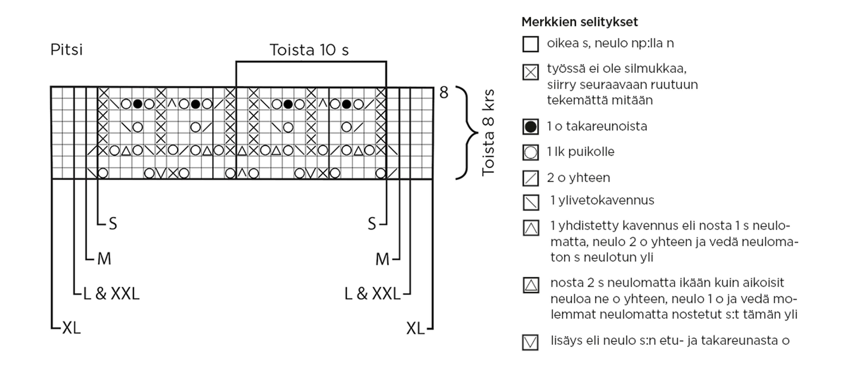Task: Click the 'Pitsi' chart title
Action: (x=66, y=50)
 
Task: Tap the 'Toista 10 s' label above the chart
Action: (x=309, y=50)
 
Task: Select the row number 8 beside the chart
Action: (x=444, y=92)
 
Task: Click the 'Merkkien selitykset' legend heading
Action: (x=580, y=22)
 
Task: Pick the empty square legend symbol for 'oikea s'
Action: (x=530, y=44)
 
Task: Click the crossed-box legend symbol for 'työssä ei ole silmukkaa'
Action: (x=530, y=72)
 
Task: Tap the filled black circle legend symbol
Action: (x=530, y=127)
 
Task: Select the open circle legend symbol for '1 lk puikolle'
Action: (x=530, y=152)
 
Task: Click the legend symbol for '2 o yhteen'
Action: (x=530, y=178)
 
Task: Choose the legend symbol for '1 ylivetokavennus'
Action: (x=531, y=202)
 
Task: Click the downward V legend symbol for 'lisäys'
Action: (x=530, y=342)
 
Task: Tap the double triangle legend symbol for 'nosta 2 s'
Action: (x=531, y=285)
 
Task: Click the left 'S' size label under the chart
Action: (x=113, y=224)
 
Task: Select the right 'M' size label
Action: (x=382, y=260)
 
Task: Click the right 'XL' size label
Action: (x=415, y=328)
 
